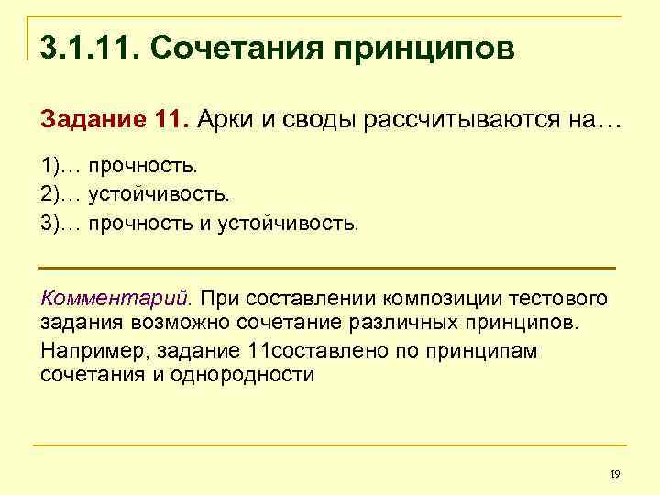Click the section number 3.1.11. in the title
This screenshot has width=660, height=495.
87,46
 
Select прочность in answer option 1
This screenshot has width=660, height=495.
143,166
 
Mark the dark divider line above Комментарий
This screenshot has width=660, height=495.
328,267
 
